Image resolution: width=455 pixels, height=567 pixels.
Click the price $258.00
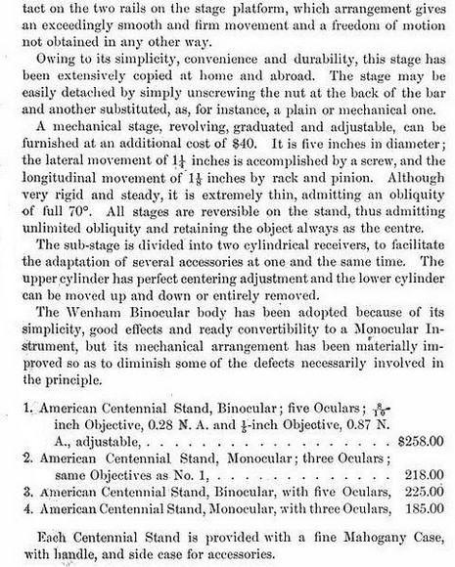click(424, 442)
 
